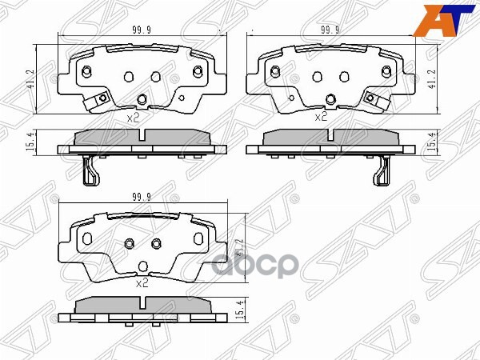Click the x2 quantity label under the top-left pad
134,117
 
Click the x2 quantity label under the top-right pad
321,117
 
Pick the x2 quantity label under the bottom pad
142,282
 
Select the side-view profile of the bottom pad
142,307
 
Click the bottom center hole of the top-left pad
142,99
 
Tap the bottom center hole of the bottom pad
142,266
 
